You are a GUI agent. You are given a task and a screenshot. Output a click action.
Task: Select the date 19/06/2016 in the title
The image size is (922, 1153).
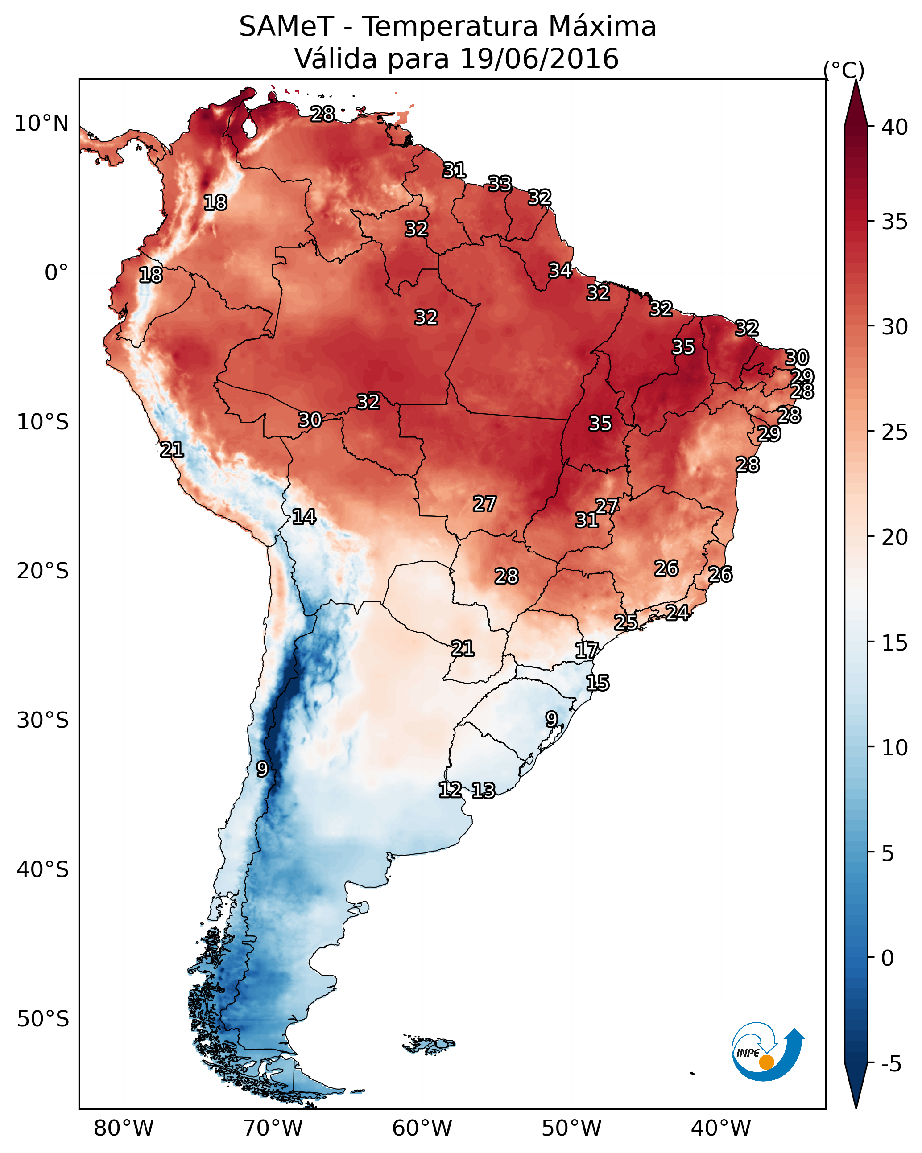tap(538, 59)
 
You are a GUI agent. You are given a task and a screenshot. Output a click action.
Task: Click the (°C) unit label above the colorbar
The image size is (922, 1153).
tap(843, 70)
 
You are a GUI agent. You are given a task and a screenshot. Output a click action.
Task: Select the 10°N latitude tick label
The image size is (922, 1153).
tap(41, 124)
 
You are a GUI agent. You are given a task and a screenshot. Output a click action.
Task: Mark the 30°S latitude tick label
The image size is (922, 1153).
tap(43, 721)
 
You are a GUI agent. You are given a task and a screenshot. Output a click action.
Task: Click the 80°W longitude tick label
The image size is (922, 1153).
tap(124, 1128)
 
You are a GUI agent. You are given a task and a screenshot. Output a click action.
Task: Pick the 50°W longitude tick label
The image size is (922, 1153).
tap(571, 1128)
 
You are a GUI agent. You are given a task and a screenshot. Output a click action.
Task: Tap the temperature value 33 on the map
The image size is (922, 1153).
tap(500, 183)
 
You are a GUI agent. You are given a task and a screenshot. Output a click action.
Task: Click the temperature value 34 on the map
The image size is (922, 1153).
tap(560, 270)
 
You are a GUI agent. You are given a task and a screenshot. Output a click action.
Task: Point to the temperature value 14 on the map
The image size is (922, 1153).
tap(304, 517)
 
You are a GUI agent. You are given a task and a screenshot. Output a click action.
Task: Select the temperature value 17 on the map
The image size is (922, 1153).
tap(587, 651)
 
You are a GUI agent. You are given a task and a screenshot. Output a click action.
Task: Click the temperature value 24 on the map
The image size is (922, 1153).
tap(677, 612)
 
